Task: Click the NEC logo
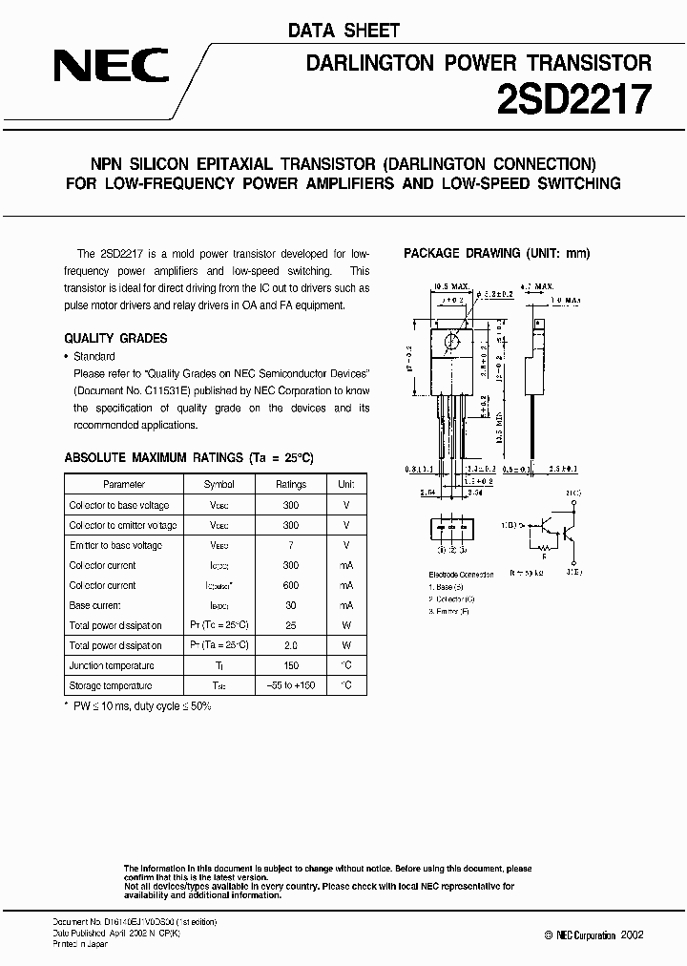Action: pos(111,67)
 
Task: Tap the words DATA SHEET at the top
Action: pos(343,31)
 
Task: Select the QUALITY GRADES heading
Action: pos(115,338)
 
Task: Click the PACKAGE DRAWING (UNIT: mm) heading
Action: pos(497,253)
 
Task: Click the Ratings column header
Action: pos(291,485)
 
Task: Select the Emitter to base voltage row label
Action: pos(115,545)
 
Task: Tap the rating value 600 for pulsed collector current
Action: pos(291,585)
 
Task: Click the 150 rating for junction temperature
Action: pos(291,665)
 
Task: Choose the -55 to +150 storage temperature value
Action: pos(291,685)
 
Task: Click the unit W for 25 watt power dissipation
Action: pos(345,625)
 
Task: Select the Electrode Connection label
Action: pos(462,575)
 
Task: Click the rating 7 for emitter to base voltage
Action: pos(291,545)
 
